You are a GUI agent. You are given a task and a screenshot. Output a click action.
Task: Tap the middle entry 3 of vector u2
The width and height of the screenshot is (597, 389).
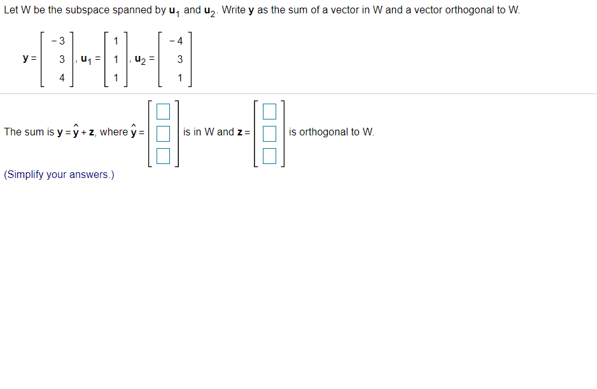[x=180, y=60]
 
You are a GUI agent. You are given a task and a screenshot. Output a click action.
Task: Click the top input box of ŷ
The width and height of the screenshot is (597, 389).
[x=164, y=113]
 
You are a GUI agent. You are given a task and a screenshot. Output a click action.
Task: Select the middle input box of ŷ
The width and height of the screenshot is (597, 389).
[x=164, y=133]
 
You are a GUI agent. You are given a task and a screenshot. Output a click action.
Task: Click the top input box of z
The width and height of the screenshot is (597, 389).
[x=270, y=113]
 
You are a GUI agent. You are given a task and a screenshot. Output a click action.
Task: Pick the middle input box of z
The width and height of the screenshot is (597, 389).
[x=270, y=133]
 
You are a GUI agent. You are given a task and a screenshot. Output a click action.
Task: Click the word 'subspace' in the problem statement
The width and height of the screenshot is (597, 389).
[x=87, y=11]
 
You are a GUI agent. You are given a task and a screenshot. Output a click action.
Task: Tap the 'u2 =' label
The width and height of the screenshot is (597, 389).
[x=146, y=60]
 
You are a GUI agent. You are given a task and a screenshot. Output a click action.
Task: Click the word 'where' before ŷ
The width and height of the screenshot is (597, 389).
[x=114, y=132]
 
